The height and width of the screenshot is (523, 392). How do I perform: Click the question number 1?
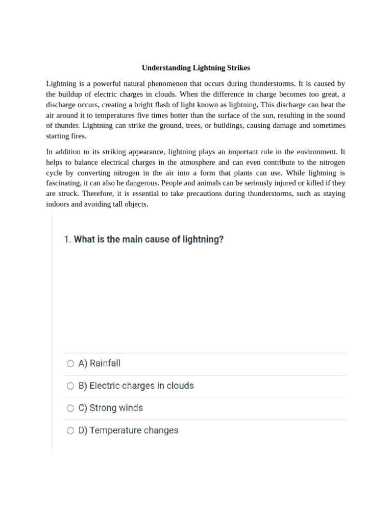67,240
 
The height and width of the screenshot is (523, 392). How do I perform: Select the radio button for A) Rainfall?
70,364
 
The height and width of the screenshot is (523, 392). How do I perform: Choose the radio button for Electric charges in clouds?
70,386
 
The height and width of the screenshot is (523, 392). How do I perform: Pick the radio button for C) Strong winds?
70,408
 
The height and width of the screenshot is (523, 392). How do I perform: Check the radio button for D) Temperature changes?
70,431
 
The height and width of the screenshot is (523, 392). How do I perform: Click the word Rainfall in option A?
105,364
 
